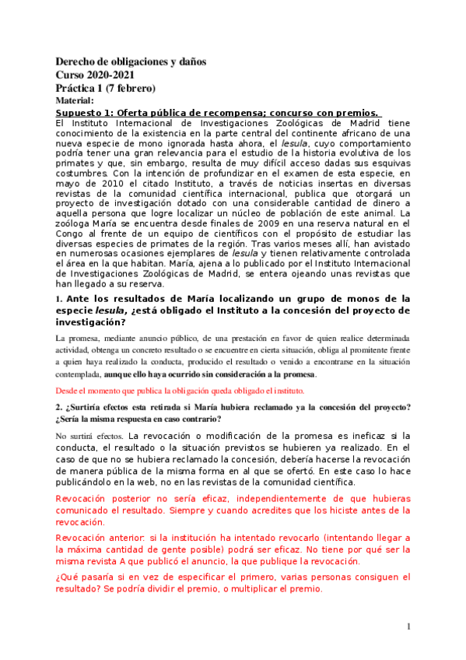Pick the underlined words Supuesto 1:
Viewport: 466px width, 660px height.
(85, 112)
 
